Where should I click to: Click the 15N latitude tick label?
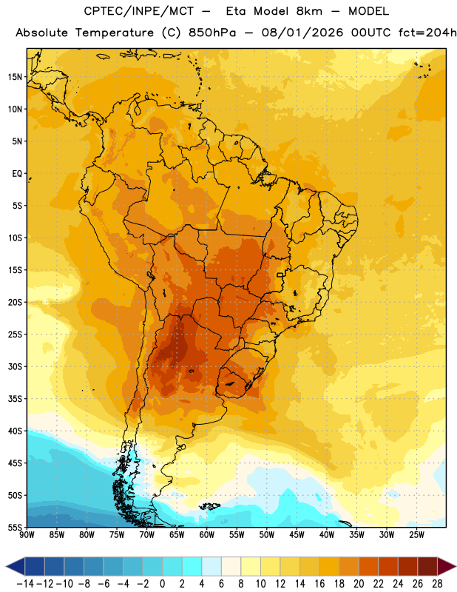(15, 77)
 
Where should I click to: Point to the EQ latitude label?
(17, 174)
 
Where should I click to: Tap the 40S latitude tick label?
(15, 431)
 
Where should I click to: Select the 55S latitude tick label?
(15, 528)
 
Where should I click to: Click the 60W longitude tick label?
(207, 535)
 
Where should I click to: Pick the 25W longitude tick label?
(416, 535)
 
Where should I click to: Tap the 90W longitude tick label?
(27, 535)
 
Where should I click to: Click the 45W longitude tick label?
(297, 535)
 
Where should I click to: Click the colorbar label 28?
(437, 584)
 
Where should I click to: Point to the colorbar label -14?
(25, 584)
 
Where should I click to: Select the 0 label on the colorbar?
(162, 584)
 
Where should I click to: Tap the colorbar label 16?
(319, 584)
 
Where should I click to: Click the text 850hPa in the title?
(212, 33)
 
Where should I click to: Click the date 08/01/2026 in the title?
(302, 33)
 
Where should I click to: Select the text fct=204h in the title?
(427, 33)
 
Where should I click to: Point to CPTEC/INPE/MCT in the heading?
(138, 11)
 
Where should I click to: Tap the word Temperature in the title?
(115, 33)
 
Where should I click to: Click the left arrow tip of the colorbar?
(6, 566)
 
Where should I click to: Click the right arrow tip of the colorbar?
(456, 566)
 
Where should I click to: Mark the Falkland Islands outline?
(209, 506)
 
